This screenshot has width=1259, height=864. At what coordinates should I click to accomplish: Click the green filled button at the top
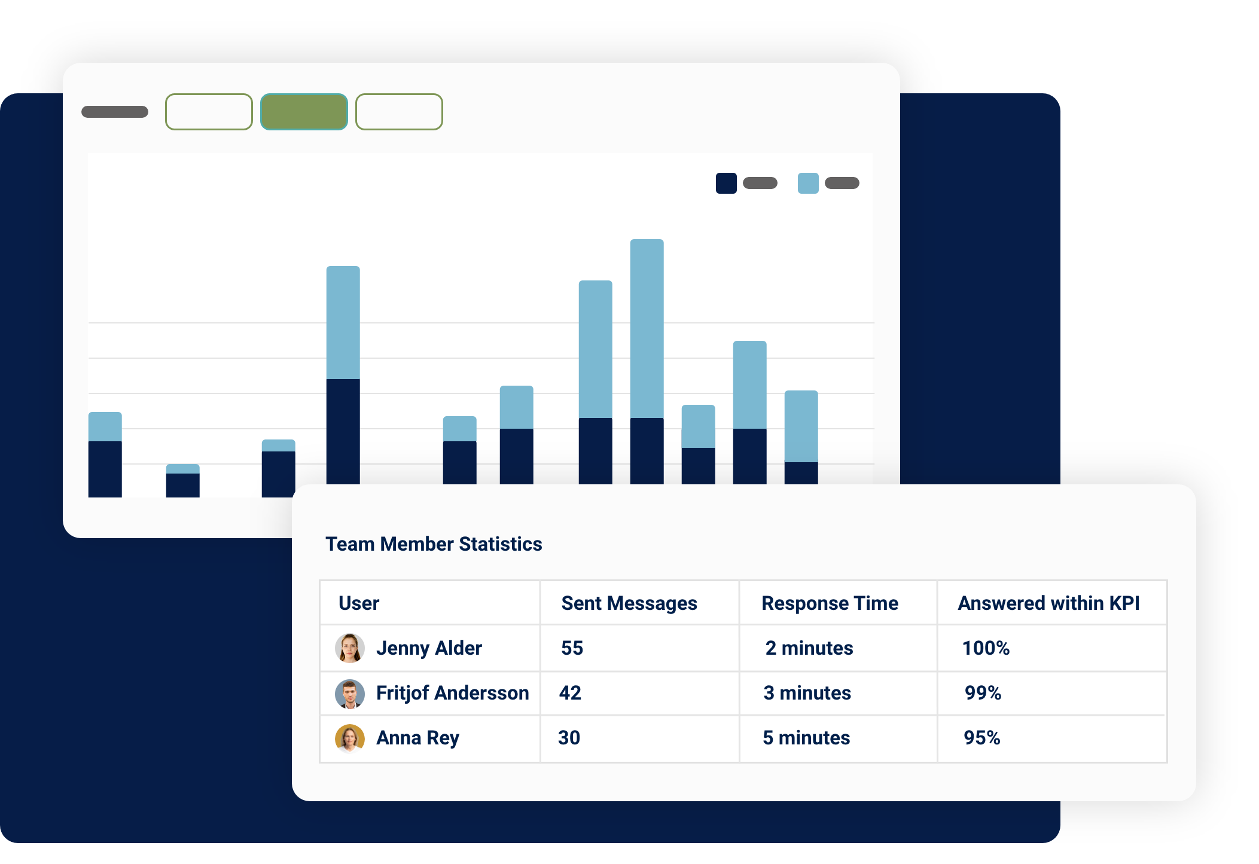coord(304,112)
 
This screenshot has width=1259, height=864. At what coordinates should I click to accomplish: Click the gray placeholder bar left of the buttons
coord(115,112)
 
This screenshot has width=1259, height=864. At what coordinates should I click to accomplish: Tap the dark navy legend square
coord(726,183)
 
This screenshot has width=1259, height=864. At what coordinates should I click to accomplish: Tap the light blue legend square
coord(808,183)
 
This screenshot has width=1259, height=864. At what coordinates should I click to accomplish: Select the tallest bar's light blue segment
coord(647,328)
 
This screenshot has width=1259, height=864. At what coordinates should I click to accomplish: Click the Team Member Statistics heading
coord(434,544)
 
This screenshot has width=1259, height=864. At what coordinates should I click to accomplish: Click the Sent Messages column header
coord(629,603)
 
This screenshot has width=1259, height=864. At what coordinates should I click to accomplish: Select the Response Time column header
coord(830,603)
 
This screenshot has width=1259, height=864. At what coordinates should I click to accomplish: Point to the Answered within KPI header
coord(1048,603)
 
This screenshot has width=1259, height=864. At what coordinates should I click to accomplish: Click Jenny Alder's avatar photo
coord(350,648)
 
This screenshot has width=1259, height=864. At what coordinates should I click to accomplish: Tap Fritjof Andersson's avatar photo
coord(350,694)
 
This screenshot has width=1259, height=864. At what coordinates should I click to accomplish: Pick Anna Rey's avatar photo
coord(350,738)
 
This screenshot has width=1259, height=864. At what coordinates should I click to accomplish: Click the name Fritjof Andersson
coord(452,693)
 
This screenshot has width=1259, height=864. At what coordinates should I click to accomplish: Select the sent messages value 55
coord(572,648)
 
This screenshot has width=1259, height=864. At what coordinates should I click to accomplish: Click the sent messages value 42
coord(570,693)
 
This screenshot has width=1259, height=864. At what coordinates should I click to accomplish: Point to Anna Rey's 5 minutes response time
coord(806,738)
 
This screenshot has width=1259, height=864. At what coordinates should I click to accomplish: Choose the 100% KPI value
coord(986,648)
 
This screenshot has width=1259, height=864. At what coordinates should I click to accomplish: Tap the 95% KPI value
coord(981,738)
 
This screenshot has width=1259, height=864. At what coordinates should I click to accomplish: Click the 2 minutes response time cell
coord(809,648)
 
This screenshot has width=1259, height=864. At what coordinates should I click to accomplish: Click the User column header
coord(359,603)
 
